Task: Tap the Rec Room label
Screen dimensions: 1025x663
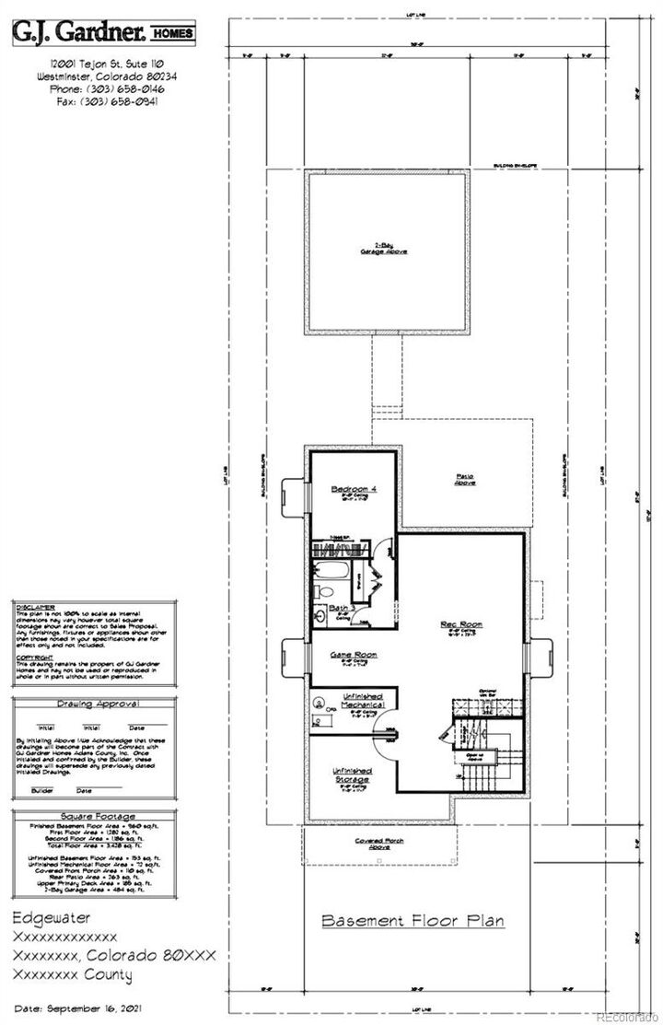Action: click(462, 623)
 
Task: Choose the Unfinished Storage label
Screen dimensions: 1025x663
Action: click(350, 775)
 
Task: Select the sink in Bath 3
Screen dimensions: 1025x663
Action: click(320, 614)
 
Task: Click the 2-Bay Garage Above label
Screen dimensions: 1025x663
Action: click(384, 249)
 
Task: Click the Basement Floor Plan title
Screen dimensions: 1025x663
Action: click(413, 920)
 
